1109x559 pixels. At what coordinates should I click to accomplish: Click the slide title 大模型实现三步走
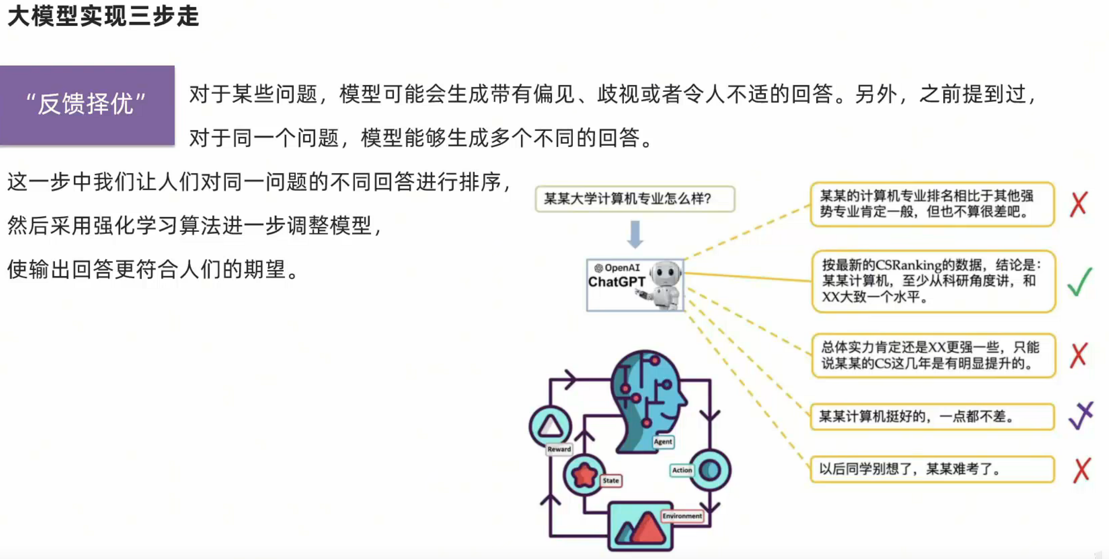(103, 16)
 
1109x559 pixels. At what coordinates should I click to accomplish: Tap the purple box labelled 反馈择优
(87, 105)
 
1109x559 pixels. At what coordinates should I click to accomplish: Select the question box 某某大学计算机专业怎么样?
(635, 199)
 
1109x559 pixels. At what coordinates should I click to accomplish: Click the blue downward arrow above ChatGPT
(635, 234)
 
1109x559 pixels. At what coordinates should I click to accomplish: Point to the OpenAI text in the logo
(622, 268)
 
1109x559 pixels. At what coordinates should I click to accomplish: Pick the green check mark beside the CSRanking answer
(1080, 281)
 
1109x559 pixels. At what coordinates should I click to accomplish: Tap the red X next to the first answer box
(1079, 204)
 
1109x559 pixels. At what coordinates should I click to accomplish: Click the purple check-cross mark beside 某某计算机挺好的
(1081, 416)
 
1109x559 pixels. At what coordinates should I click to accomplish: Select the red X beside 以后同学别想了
(1082, 470)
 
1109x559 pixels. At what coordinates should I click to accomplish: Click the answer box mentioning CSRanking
(933, 281)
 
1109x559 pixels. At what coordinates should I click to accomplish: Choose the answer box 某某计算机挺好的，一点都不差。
(932, 417)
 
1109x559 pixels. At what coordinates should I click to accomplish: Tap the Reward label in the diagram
(559, 449)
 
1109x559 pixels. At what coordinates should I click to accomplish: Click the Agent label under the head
(663, 441)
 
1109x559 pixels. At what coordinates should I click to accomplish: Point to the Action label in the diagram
(681, 470)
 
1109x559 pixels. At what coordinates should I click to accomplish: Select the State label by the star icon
(610, 480)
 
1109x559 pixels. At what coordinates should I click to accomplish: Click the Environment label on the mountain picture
(682, 516)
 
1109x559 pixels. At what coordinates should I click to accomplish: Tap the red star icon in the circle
(584, 474)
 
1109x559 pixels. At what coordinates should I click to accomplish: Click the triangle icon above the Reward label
(550, 426)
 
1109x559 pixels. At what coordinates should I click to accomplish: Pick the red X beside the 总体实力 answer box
(1079, 355)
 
